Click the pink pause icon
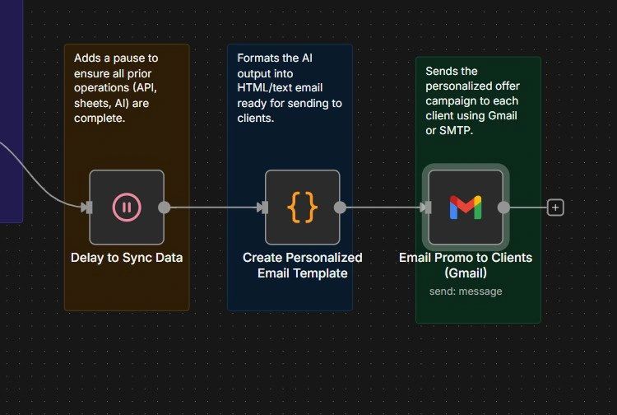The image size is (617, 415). (x=126, y=207)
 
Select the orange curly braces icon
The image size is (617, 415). (x=302, y=207)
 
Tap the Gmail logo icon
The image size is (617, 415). (x=465, y=207)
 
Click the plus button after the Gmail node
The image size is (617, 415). (x=555, y=207)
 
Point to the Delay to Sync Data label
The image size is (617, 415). (x=127, y=258)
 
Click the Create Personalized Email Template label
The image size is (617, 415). (x=302, y=265)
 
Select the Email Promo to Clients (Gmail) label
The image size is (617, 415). (x=466, y=265)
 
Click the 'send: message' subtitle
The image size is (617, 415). (x=466, y=291)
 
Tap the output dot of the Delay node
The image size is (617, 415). (x=164, y=207)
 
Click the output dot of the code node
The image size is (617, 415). (x=340, y=207)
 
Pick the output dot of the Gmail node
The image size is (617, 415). (x=503, y=207)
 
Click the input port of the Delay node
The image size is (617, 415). (x=86, y=207)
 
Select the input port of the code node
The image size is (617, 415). (x=262, y=207)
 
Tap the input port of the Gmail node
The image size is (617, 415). (x=425, y=207)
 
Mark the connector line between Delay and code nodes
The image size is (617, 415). (x=214, y=207)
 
